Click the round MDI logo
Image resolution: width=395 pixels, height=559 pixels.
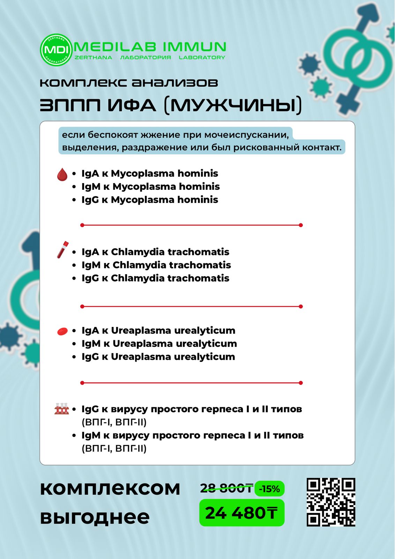tap(56, 50)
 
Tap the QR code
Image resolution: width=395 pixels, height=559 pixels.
tap(331, 502)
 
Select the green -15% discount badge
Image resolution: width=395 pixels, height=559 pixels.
tap(269, 489)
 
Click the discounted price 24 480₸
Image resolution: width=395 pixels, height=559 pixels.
tap(241, 513)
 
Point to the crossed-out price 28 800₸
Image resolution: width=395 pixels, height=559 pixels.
tap(226, 488)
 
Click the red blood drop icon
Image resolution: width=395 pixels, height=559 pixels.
tap(62, 174)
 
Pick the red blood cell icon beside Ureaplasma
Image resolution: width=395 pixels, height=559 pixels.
tap(62, 331)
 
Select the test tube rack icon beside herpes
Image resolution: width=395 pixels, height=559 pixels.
tap(62, 408)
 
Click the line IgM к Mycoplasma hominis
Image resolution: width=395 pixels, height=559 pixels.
tap(150, 187)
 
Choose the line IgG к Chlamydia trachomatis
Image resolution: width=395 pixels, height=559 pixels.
tap(155, 278)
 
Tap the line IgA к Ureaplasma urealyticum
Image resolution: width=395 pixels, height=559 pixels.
tap(158, 331)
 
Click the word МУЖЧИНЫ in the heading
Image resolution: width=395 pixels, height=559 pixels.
tap(233, 106)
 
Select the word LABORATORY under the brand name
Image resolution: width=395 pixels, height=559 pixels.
tap(202, 58)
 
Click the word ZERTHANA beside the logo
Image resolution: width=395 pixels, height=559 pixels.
tap(94, 58)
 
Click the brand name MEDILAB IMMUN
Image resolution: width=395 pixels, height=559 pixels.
tap(150, 47)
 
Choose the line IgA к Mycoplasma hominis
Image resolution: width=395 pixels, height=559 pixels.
tap(150, 173)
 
